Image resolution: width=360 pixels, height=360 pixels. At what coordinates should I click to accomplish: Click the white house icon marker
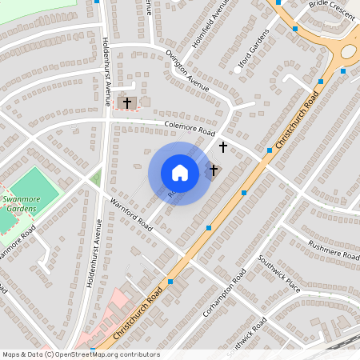point(180,173)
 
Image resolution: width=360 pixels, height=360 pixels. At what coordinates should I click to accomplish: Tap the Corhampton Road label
point(224,297)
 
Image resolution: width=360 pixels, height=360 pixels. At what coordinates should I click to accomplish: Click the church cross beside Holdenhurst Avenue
point(126,103)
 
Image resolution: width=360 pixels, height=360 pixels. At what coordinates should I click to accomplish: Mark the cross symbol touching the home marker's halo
point(214,170)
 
